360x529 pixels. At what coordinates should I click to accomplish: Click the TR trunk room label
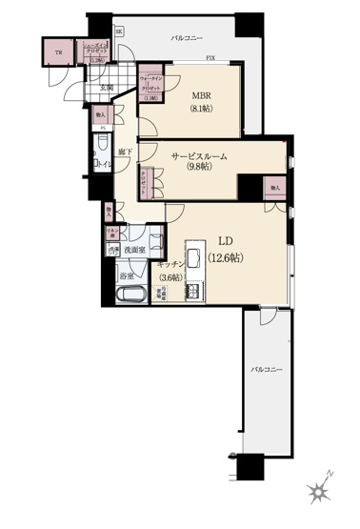tap(58, 53)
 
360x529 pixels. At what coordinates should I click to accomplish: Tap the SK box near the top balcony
tap(119, 31)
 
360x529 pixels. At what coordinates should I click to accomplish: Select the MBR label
tap(200, 96)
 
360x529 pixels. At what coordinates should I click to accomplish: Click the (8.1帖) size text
tap(200, 110)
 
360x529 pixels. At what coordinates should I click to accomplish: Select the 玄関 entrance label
tap(106, 89)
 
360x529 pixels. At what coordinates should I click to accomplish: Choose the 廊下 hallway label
tap(124, 153)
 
